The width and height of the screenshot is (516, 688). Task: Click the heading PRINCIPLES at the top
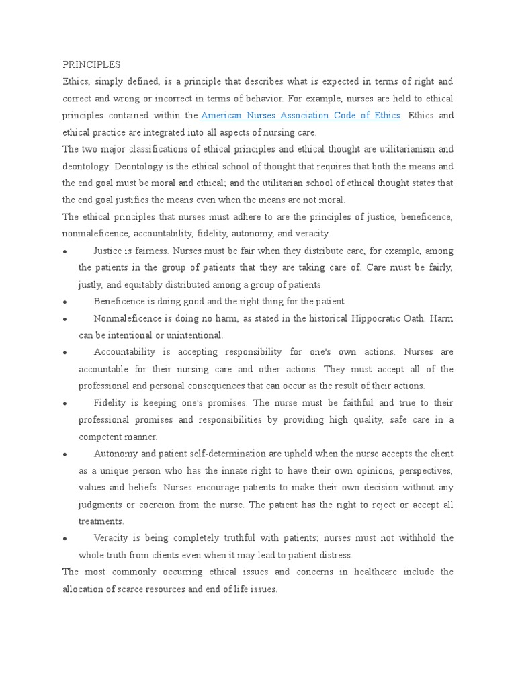(91, 64)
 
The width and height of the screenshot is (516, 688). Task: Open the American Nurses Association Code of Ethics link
(301, 116)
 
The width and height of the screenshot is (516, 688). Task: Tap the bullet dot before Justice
(63, 251)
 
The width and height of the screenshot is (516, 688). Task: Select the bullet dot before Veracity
(63, 539)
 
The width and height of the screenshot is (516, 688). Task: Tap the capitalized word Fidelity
(111, 403)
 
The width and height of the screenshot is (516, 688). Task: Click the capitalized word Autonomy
(114, 454)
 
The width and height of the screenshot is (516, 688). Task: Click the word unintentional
(190, 335)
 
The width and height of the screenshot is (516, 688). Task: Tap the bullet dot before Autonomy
(63, 454)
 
